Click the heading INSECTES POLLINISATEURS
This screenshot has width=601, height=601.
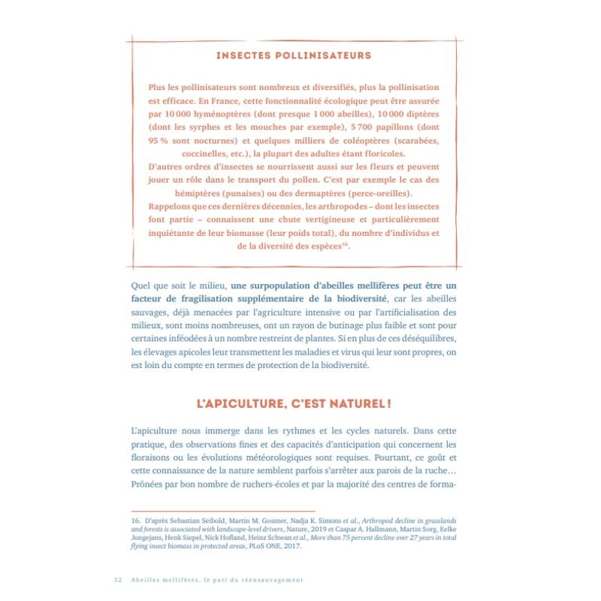(293, 56)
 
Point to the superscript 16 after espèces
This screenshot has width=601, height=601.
(346, 244)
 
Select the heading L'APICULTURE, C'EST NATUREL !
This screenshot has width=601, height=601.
(293, 403)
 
